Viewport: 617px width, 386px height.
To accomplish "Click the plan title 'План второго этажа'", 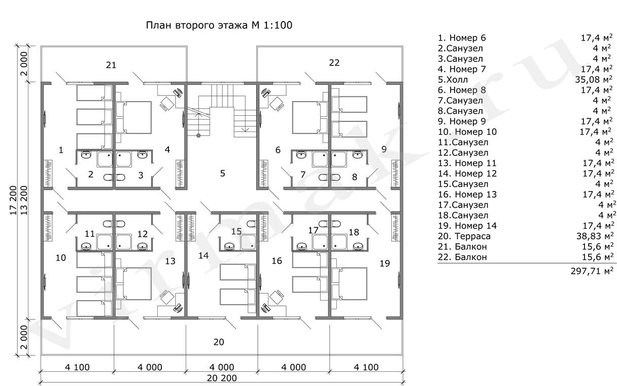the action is [197, 25].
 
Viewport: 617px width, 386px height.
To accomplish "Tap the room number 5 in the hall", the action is [223, 173].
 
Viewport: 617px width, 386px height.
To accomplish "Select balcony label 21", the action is [111, 65].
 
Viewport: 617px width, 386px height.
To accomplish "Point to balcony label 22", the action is [334, 62].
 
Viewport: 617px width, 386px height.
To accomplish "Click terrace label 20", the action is [219, 342].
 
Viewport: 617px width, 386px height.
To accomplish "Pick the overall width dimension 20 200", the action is [222, 378].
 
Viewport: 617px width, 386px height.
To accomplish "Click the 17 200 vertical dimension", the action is [14, 201].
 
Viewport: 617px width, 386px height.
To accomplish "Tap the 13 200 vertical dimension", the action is [24, 201].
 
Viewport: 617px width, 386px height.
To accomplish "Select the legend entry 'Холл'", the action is [457, 80].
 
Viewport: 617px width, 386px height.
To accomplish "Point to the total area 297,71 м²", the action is [592, 271].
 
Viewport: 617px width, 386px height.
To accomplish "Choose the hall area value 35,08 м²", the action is [594, 79].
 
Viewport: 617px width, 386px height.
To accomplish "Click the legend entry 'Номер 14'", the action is [476, 226].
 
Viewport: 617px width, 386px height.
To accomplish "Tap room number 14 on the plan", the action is [203, 255].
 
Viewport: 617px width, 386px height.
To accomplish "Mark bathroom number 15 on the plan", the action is [236, 231].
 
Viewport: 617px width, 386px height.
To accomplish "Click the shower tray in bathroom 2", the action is [105, 159].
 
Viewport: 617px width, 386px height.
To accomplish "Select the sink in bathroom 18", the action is [358, 246].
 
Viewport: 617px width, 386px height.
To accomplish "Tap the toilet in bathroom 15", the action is [251, 223].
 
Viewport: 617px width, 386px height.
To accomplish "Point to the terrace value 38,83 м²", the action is [595, 236].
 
